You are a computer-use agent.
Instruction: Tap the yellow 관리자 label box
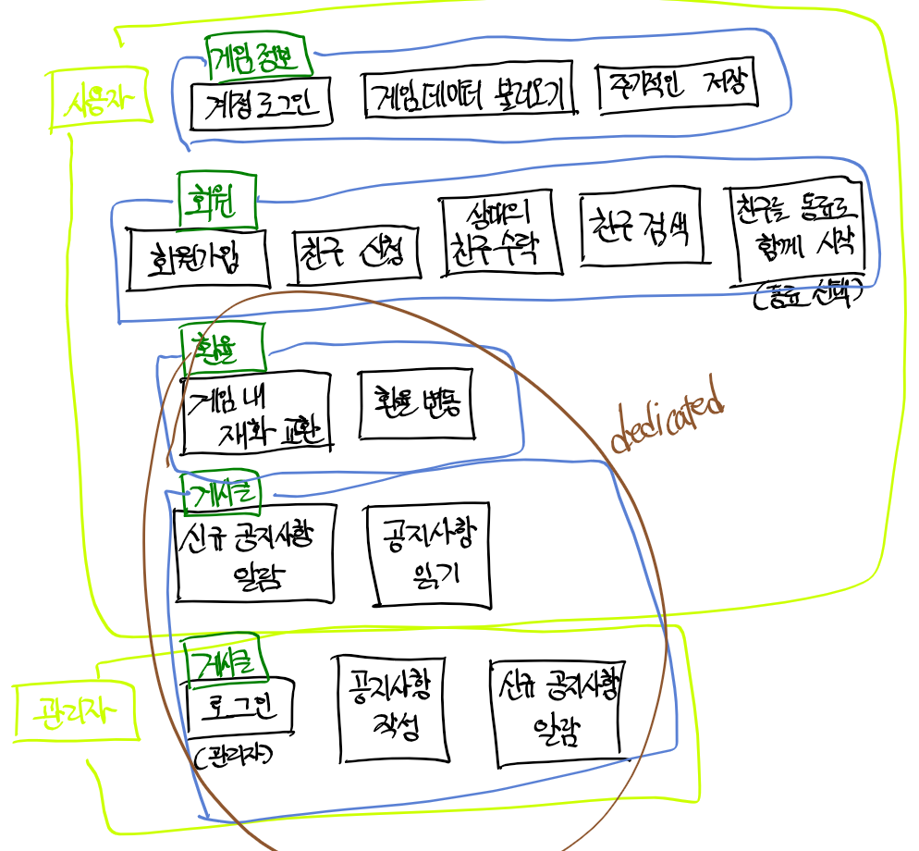pos(76,712)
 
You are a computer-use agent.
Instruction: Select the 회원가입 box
pos(199,256)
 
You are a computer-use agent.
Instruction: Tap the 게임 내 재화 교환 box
pos(257,413)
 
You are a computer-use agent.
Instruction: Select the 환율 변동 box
pos(417,405)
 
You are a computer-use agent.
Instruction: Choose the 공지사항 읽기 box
pos(427,553)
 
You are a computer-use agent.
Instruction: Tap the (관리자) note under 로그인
pos(234,755)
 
